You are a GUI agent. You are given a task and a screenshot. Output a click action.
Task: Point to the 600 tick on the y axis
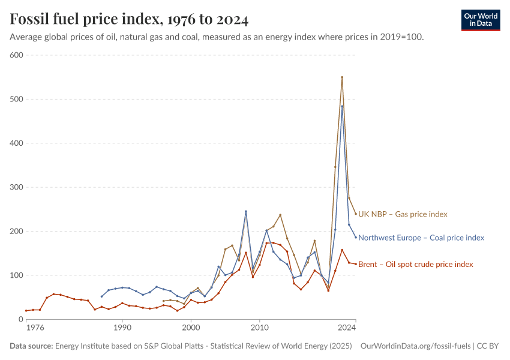16,55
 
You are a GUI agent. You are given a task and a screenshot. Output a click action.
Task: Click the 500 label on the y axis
16,99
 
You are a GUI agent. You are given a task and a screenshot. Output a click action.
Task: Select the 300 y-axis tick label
16,187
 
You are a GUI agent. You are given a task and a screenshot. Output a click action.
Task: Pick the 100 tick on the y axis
16,275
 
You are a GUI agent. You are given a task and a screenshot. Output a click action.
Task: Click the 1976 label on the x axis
35,328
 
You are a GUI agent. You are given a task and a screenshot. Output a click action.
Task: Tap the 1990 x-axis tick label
122,328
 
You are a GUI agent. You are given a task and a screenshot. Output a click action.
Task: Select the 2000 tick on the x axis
191,328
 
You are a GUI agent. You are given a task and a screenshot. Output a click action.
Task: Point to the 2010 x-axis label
259,328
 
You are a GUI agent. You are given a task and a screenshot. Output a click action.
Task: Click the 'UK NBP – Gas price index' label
403,214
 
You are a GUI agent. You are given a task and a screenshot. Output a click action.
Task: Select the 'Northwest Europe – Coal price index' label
421,238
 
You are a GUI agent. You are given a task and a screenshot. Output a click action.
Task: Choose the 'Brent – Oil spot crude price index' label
415,264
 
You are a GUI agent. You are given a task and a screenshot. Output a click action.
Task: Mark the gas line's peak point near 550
342,77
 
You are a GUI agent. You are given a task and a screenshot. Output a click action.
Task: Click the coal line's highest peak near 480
342,106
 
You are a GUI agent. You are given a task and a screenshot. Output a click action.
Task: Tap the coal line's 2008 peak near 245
246,211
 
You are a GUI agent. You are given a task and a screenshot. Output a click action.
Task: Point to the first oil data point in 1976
26,311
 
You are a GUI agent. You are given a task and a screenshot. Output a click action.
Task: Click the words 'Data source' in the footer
31,346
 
